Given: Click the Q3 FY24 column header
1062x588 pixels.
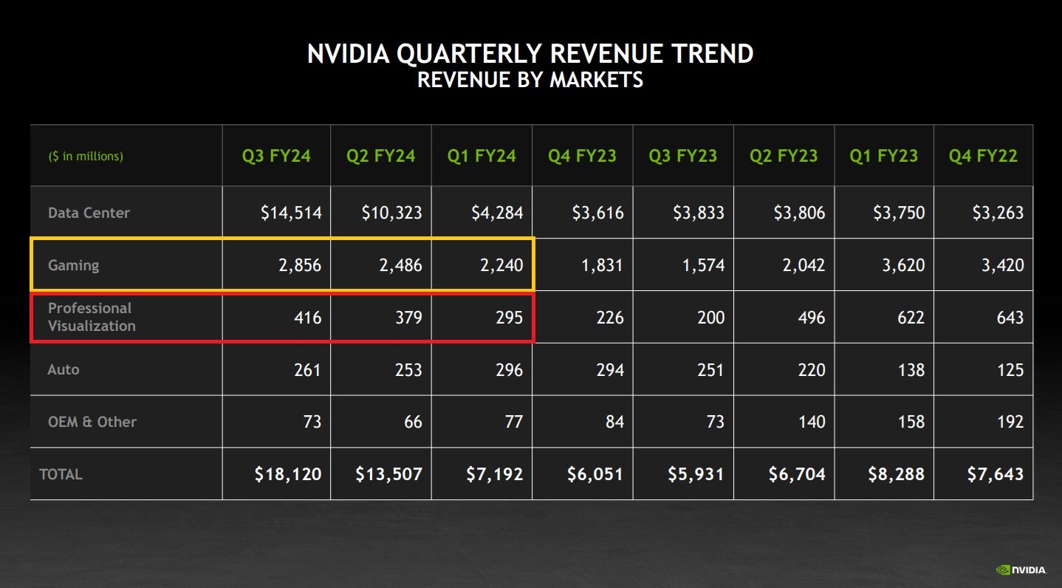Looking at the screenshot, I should [x=276, y=156].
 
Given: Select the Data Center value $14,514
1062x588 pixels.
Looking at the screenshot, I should [x=291, y=213].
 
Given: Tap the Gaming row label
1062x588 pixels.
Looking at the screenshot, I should [x=73, y=265].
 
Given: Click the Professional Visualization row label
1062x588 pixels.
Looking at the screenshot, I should [x=92, y=317].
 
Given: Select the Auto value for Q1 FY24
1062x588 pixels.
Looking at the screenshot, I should [x=509, y=369].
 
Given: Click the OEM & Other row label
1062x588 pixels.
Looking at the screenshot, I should [x=92, y=422].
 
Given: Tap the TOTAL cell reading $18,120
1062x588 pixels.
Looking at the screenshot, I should [x=288, y=474].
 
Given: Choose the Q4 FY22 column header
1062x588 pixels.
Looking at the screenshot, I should [x=983, y=156].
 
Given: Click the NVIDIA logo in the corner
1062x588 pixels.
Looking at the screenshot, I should [x=1021, y=570].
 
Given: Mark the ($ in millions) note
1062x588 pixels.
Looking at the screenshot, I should [x=86, y=157].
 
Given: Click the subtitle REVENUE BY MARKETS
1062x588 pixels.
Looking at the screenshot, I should [x=530, y=80].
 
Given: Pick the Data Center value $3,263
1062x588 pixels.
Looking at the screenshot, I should [x=995, y=213].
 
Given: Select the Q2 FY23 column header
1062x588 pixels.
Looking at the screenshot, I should [x=784, y=156].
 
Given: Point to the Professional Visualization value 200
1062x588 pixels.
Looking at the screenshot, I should [x=710, y=318].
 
